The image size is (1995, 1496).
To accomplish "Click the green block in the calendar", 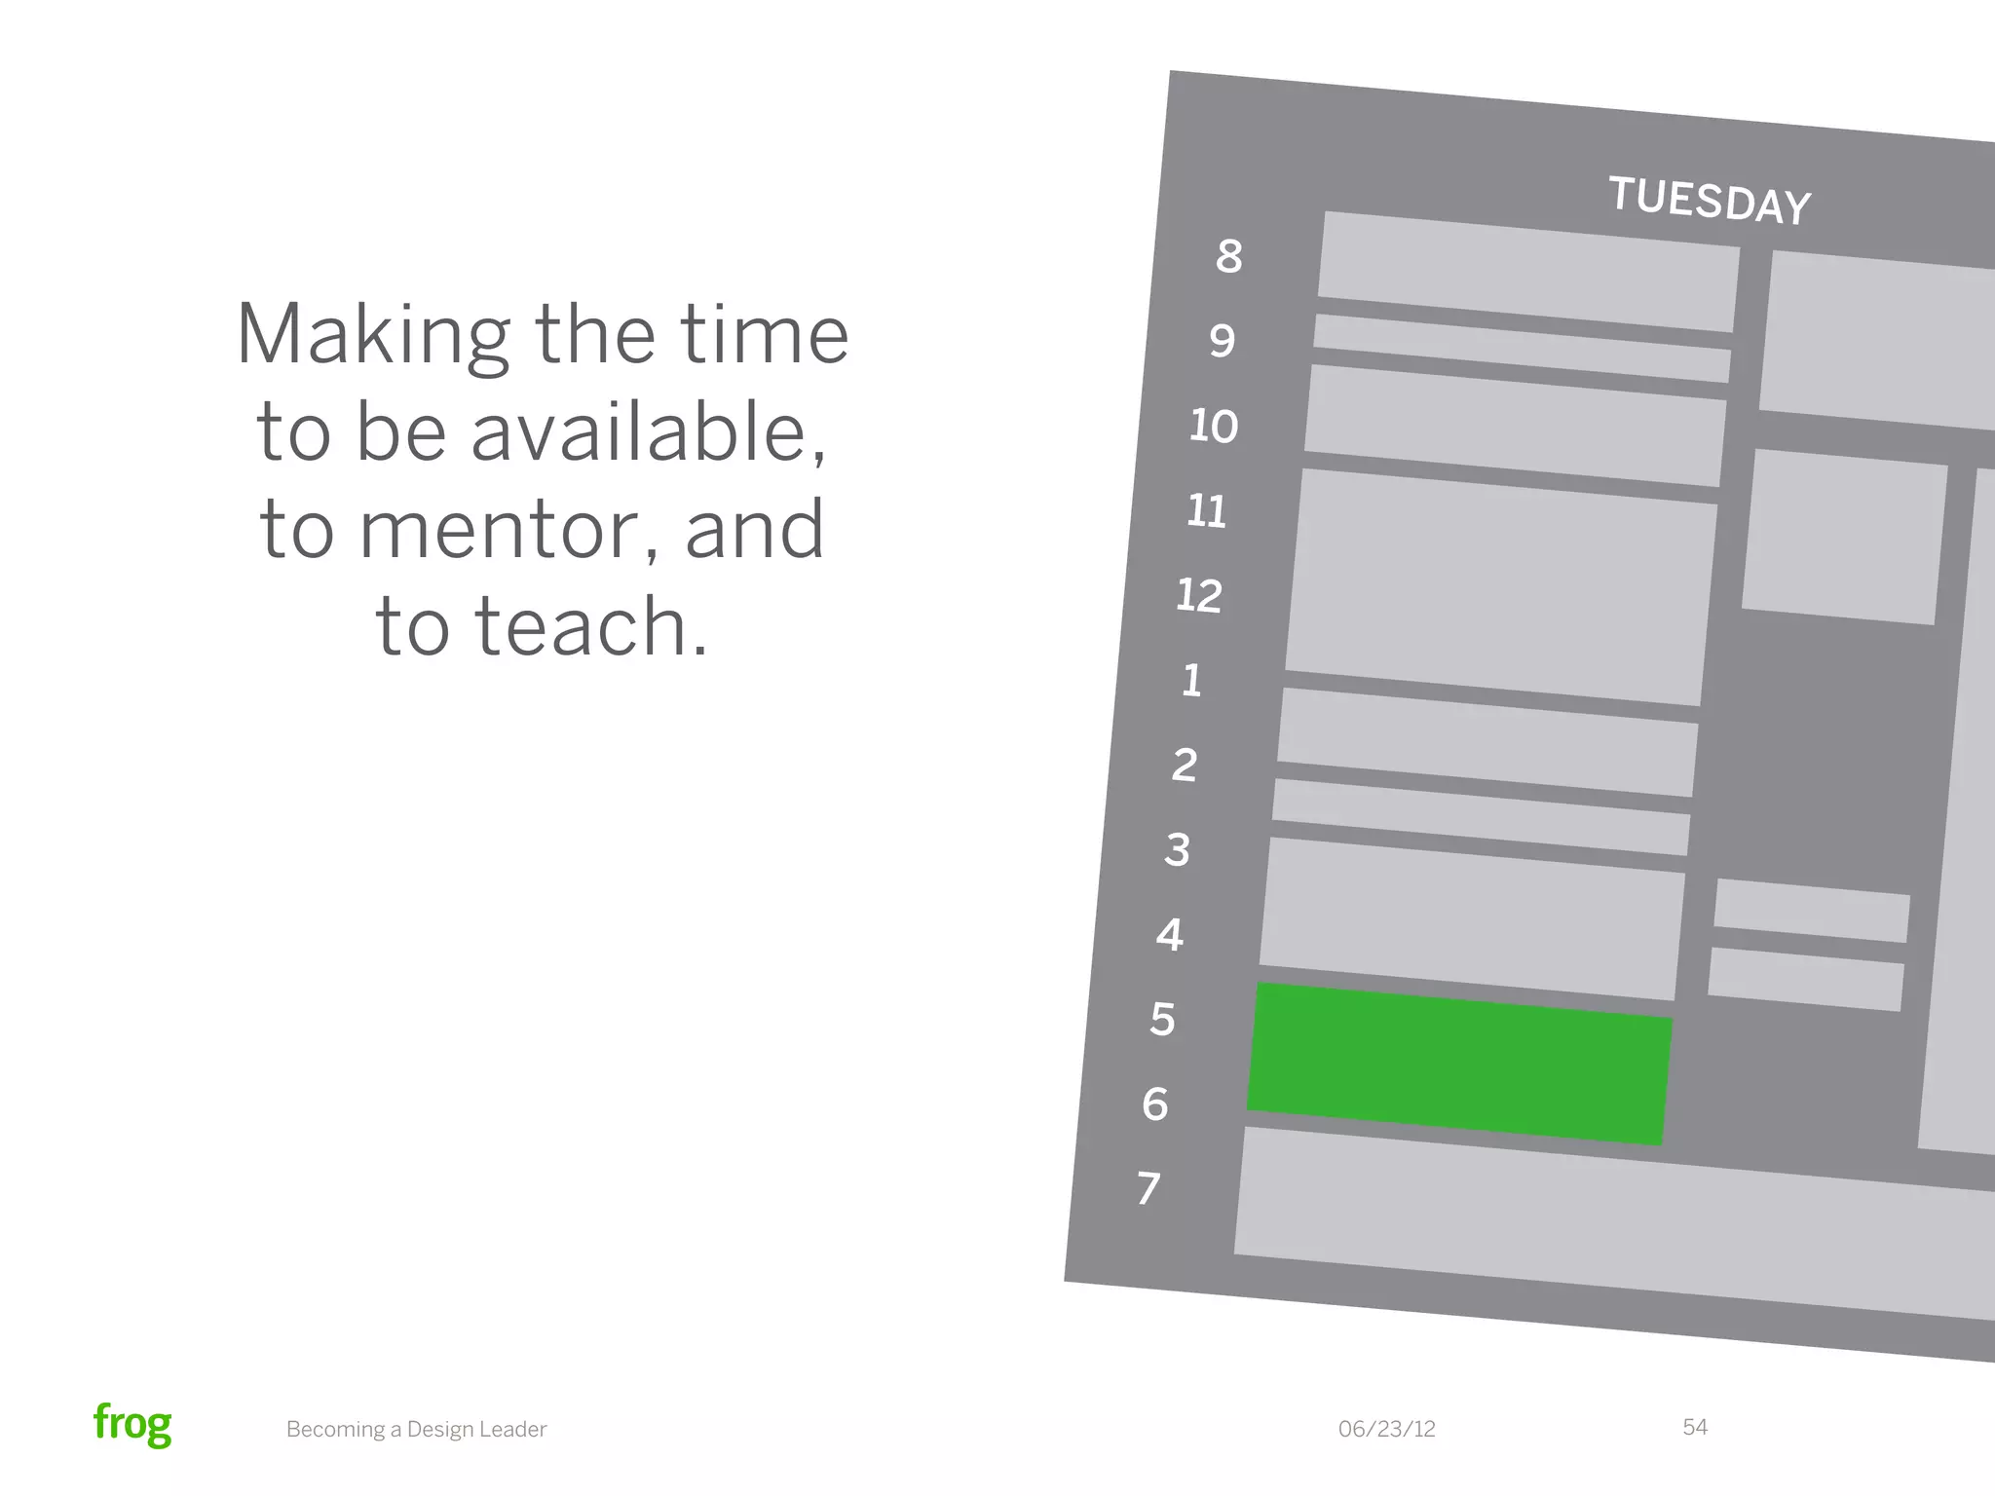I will pos(1459,1064).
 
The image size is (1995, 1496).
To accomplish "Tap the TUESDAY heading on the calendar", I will pos(1709,201).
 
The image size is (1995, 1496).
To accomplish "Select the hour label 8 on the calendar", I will pos(1229,256).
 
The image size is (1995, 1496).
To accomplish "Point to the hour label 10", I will pos(1214,427).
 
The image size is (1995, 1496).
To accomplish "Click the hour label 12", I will pos(1199,596).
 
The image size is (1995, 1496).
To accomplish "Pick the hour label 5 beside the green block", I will pos(1162,1020).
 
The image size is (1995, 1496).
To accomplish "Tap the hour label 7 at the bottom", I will pos(1149,1188).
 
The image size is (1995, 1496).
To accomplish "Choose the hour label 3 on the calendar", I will pos(1178,850).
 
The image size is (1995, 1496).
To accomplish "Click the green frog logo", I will pos(132,1424).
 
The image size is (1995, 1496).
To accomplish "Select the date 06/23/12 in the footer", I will pos(1386,1429).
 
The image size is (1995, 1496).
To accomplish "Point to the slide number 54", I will pos(1694,1427).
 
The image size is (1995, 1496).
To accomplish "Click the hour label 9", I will pos(1223,341).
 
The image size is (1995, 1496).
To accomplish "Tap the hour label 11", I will pos(1207,511).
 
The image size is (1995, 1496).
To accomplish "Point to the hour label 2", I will pos(1185,766).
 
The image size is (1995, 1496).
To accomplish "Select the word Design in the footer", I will pos(444,1429).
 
